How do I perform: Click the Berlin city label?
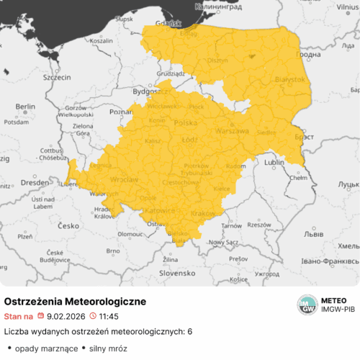[25, 107]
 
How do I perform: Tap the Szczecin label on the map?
[57, 76]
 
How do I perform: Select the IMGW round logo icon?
[308, 305]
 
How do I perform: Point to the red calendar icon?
[41, 316]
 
